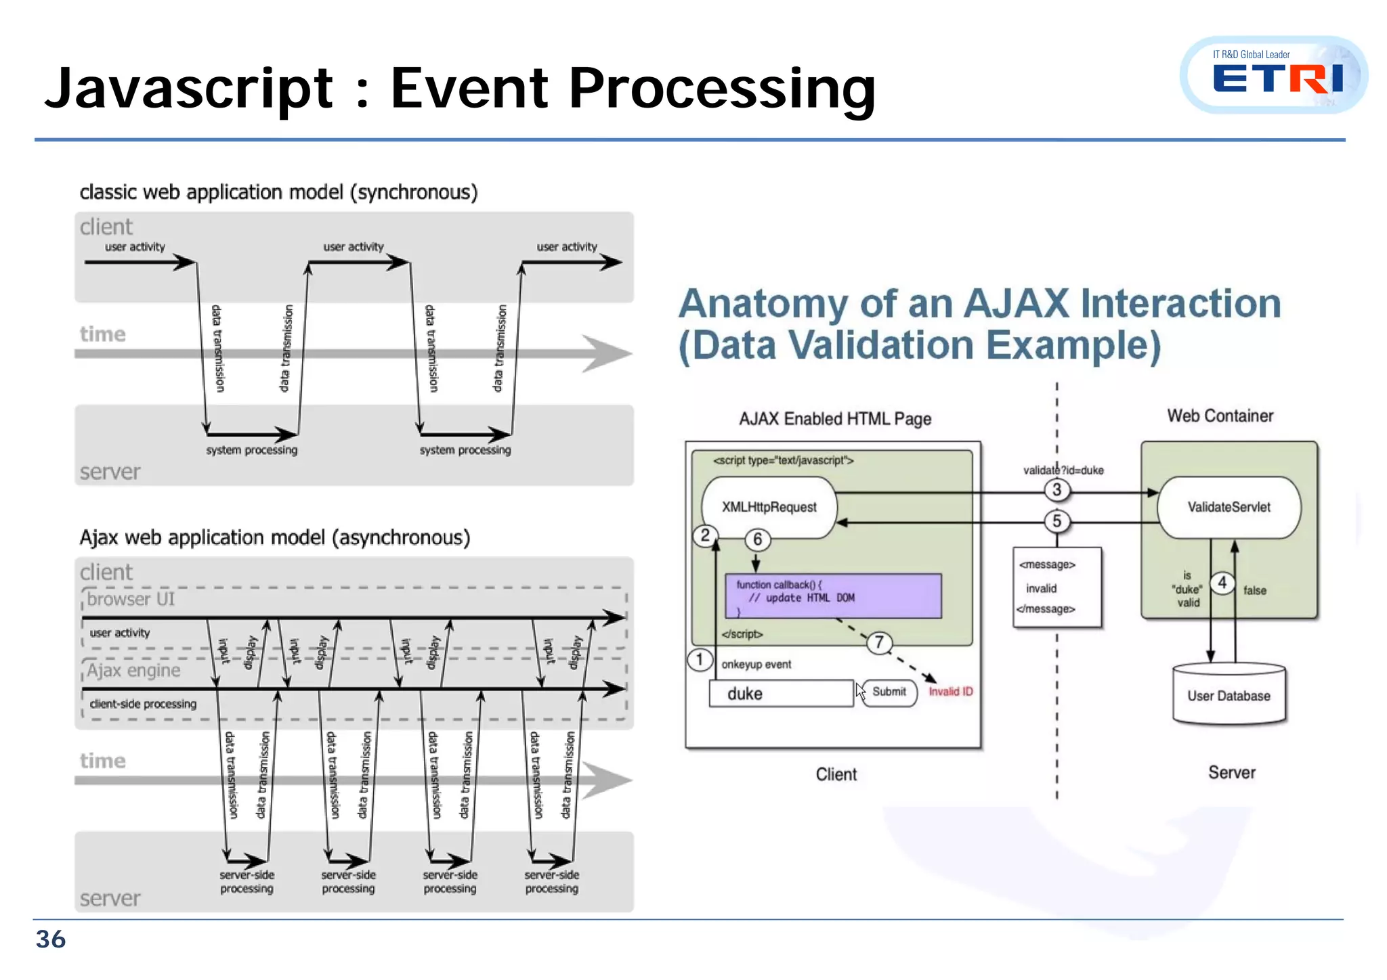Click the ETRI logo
[x=1273, y=75]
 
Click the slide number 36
[x=51, y=939]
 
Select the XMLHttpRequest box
[x=769, y=507]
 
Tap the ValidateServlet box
[x=1229, y=507]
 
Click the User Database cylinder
[x=1229, y=695]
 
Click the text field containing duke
[x=780, y=694]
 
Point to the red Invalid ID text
[x=950, y=692]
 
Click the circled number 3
[x=1057, y=490]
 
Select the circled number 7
[x=879, y=642]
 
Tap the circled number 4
[x=1222, y=583]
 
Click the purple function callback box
[x=833, y=596]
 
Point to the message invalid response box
[x=1057, y=587]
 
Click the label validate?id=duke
[x=1063, y=470]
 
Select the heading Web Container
[x=1220, y=416]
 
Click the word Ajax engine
[x=134, y=671]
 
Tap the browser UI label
[x=131, y=599]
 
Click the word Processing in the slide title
[x=722, y=89]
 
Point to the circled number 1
[x=700, y=659]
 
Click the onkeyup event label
[x=756, y=665]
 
